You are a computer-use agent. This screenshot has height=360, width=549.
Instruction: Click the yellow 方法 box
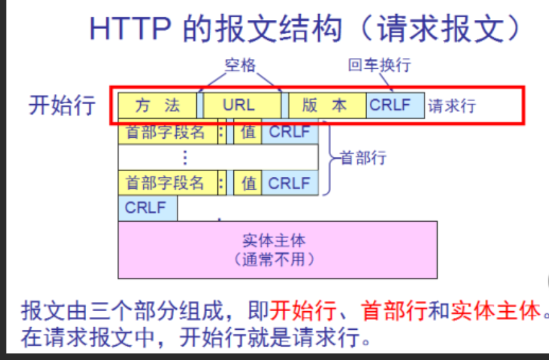pos(157,105)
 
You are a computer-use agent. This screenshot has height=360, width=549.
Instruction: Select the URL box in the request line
pos(239,105)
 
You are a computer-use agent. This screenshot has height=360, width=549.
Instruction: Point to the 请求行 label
pos(453,106)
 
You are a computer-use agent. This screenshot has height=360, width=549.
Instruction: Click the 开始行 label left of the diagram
pos(62,105)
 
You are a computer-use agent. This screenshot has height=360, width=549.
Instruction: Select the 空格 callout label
pos(239,66)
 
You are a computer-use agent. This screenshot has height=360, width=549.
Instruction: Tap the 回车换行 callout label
pos(379,66)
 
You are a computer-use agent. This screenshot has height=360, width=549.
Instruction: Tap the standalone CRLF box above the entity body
pos(147,209)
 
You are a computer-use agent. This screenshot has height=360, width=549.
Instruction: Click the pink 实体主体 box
pos(277,249)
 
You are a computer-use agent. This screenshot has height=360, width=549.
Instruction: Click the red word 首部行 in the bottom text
pos(394,312)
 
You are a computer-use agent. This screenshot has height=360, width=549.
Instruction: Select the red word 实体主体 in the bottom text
pos(496,312)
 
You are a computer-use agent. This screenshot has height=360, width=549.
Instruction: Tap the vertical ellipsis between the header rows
pos(186,157)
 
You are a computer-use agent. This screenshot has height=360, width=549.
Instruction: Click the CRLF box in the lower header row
pos(289,183)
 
